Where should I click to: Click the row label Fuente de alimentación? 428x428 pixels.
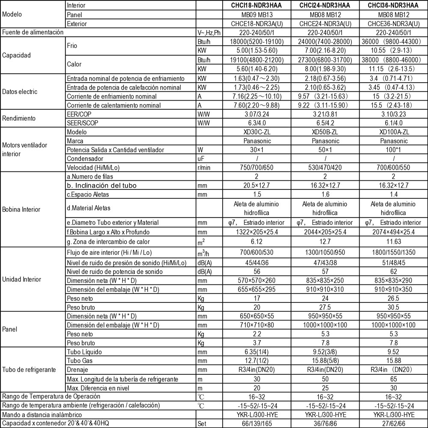33,33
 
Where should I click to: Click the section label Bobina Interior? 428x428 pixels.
21,210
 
